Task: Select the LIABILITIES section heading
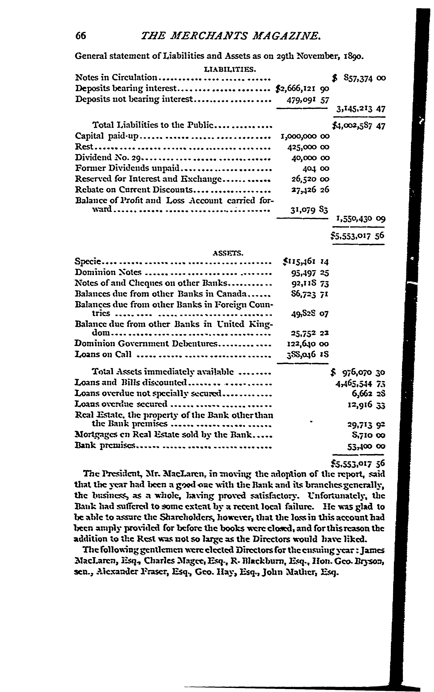coord(230,69)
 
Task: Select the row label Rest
coord(84,147)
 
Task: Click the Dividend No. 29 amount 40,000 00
coord(308,158)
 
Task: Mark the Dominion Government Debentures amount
coord(308,344)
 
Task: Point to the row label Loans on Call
coord(103,354)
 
